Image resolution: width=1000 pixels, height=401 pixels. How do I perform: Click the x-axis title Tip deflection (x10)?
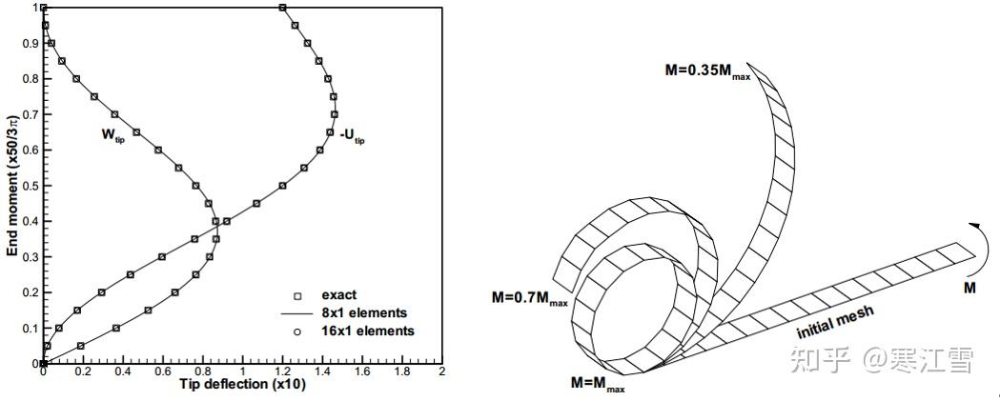(x=242, y=385)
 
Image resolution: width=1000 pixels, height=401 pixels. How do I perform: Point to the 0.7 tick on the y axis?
(x=43, y=114)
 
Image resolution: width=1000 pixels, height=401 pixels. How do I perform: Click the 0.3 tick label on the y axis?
(x=30, y=257)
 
